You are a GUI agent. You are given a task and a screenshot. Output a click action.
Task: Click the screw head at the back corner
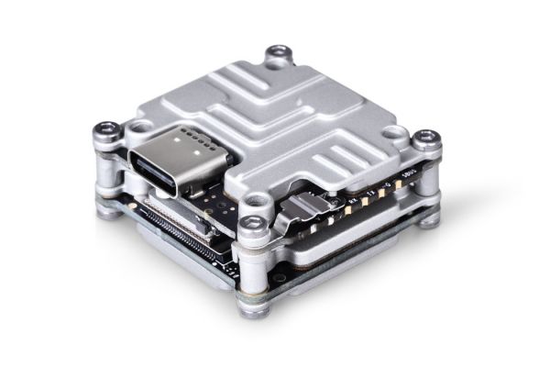click(277, 52)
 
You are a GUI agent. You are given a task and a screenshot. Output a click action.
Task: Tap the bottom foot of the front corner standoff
click(252, 307)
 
